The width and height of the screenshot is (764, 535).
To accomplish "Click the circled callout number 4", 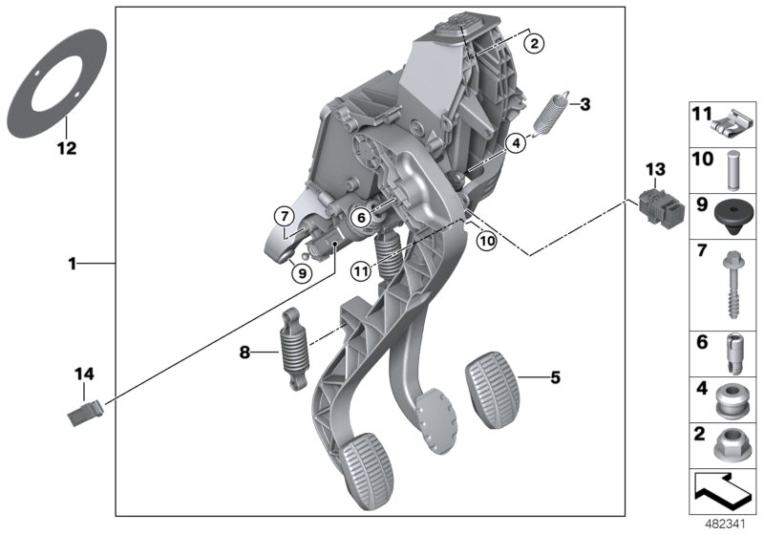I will pos(516,143).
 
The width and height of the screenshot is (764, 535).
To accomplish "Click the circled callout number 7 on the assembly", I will pos(283,217).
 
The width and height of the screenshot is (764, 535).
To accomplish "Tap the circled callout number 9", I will pos(301,272).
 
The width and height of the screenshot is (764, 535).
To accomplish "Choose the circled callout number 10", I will pos(487,242).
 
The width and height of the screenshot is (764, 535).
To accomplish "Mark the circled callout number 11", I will pos(360,270).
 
